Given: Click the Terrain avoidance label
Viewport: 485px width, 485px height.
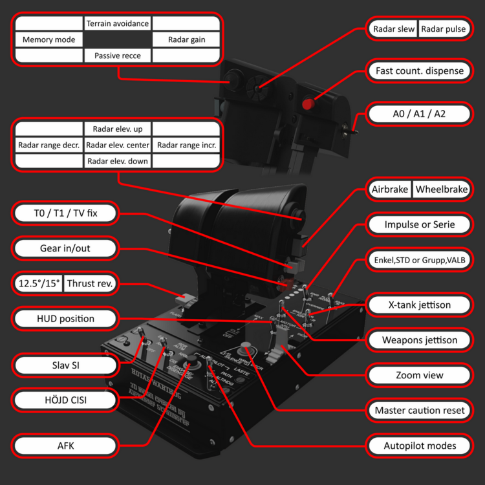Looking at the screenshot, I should (118, 24).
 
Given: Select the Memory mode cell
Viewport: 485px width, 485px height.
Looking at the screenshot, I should (48, 40).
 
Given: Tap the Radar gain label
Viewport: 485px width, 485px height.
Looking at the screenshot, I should (186, 40).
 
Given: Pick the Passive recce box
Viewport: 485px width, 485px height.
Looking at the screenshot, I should (118, 56).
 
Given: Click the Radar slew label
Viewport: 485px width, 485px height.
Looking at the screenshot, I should (393, 30).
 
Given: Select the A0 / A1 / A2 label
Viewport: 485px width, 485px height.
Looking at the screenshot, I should (420, 114).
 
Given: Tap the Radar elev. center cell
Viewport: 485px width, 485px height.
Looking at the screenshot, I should (118, 145).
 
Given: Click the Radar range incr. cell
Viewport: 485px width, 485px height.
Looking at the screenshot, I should (187, 145).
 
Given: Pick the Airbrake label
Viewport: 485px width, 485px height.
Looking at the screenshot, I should (389, 190).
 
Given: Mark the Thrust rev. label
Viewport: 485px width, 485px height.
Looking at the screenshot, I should (90, 283).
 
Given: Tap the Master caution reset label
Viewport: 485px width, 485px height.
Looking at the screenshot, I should (420, 411).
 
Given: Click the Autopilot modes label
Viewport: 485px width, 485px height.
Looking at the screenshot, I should (420, 446).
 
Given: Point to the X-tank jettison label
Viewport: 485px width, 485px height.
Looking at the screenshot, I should (420, 305).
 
